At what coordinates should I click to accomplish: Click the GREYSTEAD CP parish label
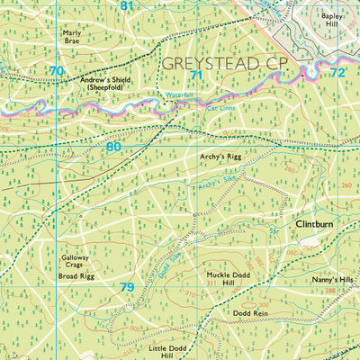pos(224,64)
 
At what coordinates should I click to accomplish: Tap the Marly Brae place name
pos(72,37)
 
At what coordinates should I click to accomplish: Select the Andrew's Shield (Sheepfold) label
pos(105,85)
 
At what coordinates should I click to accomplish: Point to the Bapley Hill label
pos(332,20)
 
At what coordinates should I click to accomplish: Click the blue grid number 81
pos(126,6)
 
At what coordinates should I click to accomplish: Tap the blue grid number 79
pos(127,287)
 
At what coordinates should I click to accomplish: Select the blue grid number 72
pos(337,72)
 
